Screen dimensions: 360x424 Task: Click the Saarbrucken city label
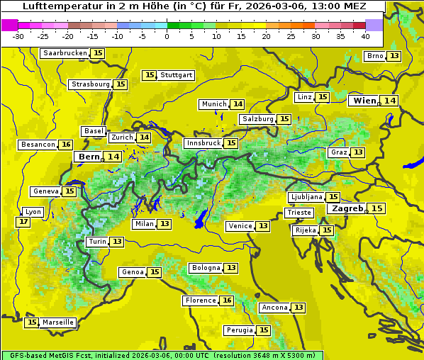pos(65,53)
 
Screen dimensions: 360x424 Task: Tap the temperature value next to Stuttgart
pos(149,75)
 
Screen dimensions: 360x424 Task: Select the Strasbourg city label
pos(91,84)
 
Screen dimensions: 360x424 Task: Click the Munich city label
pos(214,104)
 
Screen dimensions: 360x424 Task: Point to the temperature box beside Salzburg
pos(284,119)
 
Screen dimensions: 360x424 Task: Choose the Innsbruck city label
pos(203,143)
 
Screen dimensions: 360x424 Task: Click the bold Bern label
pos(89,157)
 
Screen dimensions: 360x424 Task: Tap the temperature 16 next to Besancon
pos(66,145)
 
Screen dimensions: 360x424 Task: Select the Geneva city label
pos(46,191)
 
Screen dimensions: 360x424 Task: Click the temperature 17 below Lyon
pos(23,222)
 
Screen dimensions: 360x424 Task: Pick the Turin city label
pos(98,242)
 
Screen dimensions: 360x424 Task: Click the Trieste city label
pos(299,213)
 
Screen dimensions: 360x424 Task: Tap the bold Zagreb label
pos(347,208)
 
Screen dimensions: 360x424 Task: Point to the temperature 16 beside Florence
pos(227,300)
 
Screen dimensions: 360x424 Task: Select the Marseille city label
pos(58,322)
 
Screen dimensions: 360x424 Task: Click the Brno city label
pos(375,56)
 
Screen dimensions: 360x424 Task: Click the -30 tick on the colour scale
pos(18,35)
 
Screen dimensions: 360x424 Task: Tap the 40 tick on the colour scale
pos(364,35)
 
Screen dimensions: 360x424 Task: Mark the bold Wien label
pos(365,101)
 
